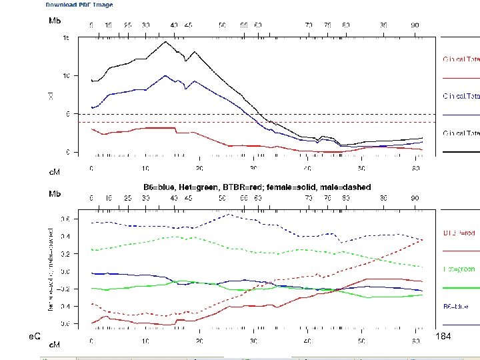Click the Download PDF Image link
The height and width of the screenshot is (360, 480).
79,5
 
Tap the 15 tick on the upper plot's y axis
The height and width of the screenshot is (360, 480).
66,38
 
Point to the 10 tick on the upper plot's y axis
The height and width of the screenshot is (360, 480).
66,76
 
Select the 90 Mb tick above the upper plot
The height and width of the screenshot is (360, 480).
415,25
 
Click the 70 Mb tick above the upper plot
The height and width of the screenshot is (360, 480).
309,25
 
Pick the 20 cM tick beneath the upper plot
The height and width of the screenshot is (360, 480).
199,169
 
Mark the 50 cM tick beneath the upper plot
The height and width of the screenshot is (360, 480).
362,169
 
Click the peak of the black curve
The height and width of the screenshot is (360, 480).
166,42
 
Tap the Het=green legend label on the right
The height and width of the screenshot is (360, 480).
459,269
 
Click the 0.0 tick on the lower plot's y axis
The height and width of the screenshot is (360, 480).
65,271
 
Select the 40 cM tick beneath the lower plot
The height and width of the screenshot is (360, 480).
307,341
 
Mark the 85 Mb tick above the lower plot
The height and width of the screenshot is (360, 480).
383,198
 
